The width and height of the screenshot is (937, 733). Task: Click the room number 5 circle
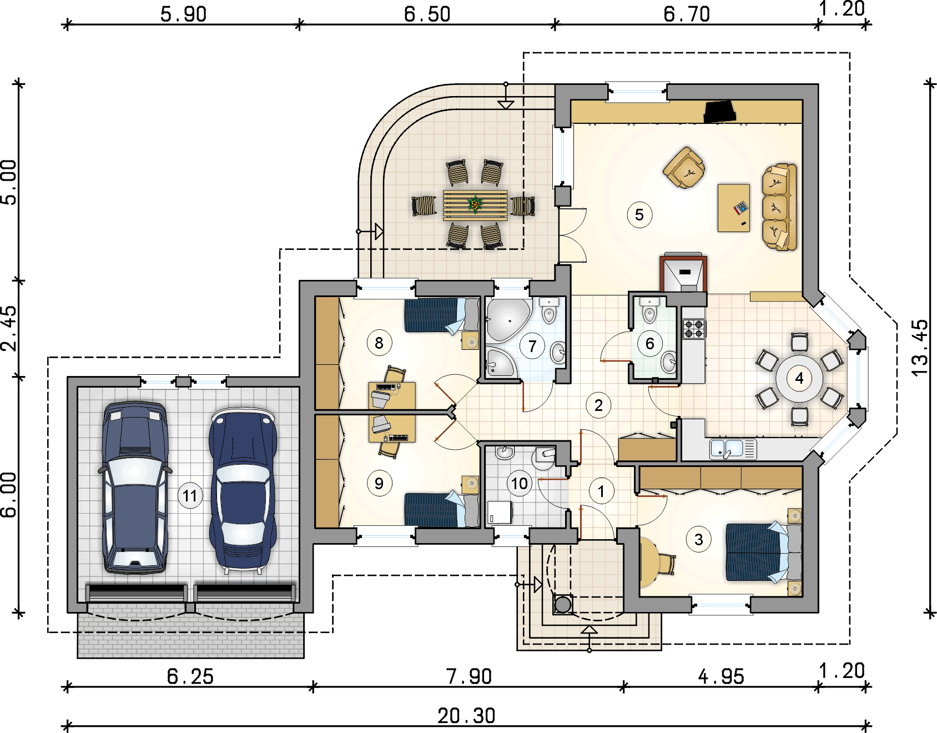click(639, 215)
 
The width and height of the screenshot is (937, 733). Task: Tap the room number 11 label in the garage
click(190, 495)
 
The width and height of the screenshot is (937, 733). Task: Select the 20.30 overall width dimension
click(466, 716)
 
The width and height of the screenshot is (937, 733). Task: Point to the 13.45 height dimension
click(920, 348)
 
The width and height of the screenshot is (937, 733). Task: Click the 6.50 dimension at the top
click(427, 14)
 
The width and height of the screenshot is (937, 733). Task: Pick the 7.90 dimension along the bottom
click(469, 676)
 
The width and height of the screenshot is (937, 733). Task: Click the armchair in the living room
click(684, 167)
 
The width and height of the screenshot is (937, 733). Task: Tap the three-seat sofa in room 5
click(779, 207)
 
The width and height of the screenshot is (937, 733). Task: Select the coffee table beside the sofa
click(734, 208)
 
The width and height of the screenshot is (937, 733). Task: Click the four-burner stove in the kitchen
click(694, 329)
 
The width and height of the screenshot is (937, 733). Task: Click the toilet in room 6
click(649, 311)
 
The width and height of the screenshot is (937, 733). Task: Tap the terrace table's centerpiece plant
click(475, 204)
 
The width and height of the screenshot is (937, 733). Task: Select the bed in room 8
click(441, 315)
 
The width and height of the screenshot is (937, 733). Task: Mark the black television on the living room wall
click(720, 112)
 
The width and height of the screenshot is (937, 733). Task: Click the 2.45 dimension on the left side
click(9, 328)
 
